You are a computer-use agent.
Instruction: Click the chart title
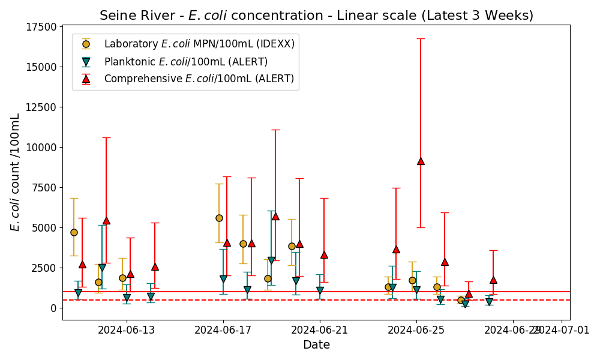click(x=316, y=15)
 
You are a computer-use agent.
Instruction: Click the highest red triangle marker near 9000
click(x=421, y=161)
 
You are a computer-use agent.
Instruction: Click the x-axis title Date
click(x=316, y=345)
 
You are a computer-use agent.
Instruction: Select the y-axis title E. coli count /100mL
click(x=16, y=172)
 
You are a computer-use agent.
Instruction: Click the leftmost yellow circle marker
click(x=74, y=232)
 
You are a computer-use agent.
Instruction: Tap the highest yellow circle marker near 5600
click(x=219, y=218)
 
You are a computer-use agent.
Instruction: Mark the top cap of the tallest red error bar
click(x=421, y=38)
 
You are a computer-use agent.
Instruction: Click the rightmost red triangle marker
click(x=493, y=280)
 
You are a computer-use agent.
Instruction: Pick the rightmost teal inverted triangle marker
click(x=489, y=302)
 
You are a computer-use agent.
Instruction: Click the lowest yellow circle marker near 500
click(x=461, y=300)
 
